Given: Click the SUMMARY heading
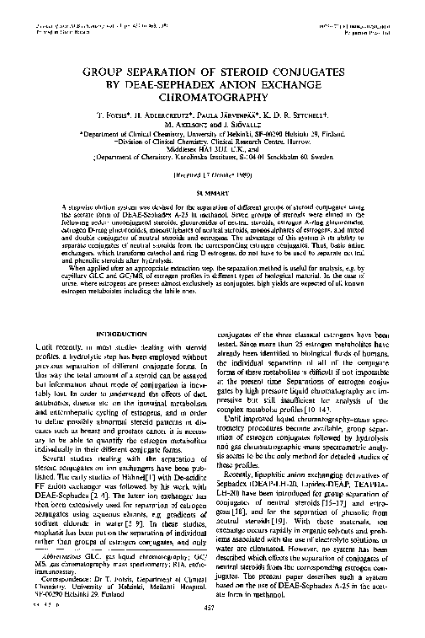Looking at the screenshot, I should click(x=212, y=191).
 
